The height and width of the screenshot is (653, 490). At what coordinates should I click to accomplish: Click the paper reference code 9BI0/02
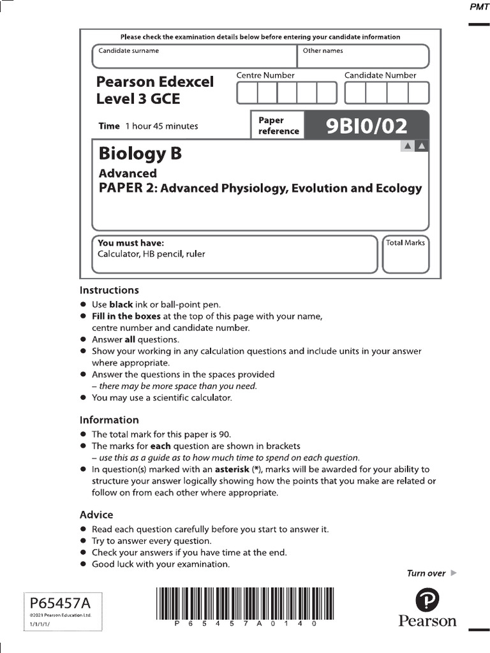click(366, 126)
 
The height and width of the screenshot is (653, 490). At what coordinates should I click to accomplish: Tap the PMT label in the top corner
click(479, 7)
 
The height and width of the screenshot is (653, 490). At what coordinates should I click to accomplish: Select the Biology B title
click(140, 154)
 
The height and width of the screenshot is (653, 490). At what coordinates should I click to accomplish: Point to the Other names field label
click(323, 51)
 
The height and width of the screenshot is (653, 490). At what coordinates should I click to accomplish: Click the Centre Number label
click(265, 75)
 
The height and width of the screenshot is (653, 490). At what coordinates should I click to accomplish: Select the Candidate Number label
click(380, 75)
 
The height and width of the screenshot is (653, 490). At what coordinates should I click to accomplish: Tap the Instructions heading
click(109, 290)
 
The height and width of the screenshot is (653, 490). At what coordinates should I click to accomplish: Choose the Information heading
click(109, 420)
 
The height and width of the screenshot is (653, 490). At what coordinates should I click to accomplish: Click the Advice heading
click(96, 515)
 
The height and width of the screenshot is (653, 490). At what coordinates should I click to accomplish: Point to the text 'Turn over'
click(426, 573)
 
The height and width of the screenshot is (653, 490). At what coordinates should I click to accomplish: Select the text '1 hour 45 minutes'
click(161, 126)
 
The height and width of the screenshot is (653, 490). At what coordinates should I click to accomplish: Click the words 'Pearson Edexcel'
click(155, 82)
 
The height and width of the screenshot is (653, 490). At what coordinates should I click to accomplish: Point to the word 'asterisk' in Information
click(232, 469)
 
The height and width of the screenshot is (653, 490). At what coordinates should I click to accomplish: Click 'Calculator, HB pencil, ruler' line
click(151, 254)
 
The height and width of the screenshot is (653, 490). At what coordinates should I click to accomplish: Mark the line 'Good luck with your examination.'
click(161, 564)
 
